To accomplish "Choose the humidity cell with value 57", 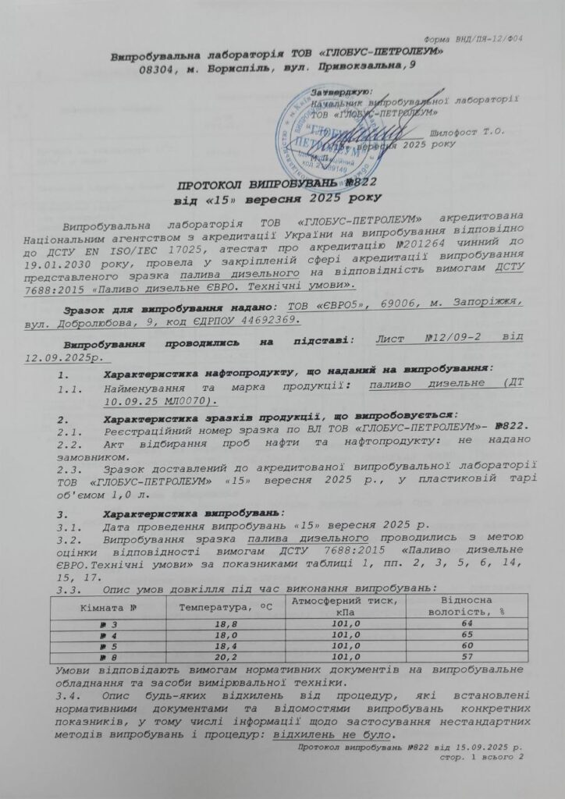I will click(467, 658).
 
